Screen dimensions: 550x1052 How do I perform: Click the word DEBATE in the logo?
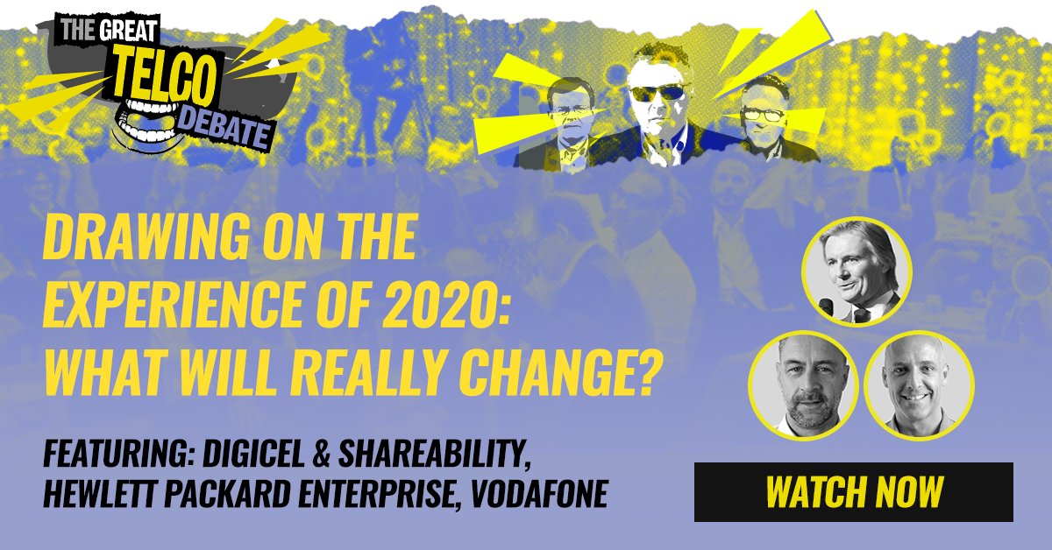227,131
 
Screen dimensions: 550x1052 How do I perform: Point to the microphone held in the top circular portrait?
825,305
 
